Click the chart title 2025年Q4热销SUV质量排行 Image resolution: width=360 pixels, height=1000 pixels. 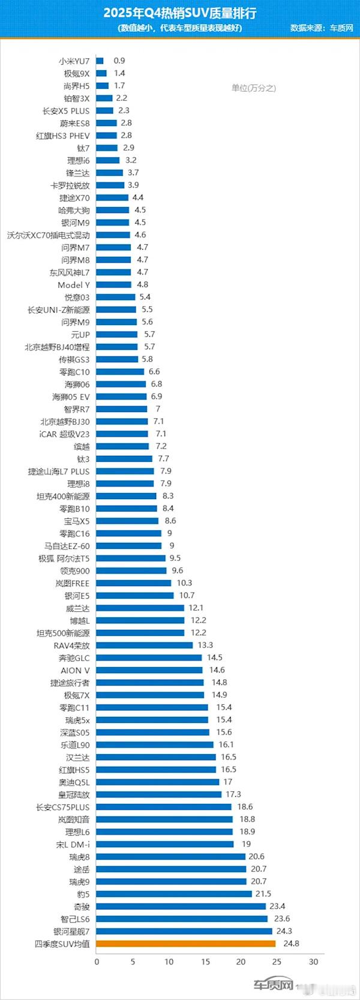point(179,13)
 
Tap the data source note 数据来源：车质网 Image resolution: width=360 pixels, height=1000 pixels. point(322,28)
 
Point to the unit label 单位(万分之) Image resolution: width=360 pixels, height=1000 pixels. point(253,88)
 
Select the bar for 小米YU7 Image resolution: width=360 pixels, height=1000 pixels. point(100,61)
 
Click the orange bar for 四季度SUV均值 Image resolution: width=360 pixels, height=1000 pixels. point(185,944)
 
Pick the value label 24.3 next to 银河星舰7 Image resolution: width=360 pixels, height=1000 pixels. point(284,931)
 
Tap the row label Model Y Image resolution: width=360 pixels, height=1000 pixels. point(73,285)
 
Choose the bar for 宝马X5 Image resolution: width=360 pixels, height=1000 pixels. point(127,521)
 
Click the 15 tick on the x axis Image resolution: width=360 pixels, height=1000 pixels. point(205,962)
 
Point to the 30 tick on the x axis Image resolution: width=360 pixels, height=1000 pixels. point(313,962)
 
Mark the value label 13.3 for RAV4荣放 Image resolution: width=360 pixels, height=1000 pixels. point(205,645)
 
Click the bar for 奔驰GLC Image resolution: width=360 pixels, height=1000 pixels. point(149,658)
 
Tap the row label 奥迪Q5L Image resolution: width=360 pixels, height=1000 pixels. point(74,782)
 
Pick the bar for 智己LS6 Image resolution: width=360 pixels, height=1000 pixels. point(182,919)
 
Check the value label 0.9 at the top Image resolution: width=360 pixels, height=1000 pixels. point(119,61)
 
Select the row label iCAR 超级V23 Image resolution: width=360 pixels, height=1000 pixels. point(64,434)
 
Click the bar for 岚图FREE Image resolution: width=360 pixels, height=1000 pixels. point(133,583)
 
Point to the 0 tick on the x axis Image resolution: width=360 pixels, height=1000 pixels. point(97,962)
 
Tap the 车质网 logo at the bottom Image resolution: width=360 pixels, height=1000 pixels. point(274,985)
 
